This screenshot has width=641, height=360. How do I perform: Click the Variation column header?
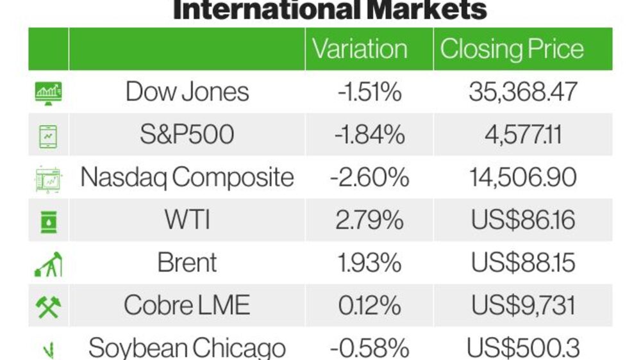point(360,49)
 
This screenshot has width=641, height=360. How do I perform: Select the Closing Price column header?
point(512,50)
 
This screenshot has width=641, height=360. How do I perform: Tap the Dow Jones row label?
point(187,92)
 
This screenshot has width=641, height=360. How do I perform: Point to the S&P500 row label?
point(187,135)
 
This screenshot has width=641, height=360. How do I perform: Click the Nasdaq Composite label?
point(187,177)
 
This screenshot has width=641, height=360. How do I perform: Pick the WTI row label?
point(187,220)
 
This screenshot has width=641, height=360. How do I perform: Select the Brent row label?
point(187,263)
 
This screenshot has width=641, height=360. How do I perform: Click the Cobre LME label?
point(187,306)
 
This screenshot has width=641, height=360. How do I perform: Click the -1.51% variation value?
point(370,92)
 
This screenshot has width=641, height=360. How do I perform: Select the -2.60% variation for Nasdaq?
point(370,177)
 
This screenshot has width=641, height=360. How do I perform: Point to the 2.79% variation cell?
point(370,220)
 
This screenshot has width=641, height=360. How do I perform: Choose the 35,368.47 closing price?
point(523,92)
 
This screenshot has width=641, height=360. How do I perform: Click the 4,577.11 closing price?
point(523,135)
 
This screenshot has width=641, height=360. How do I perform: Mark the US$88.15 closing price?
point(523,263)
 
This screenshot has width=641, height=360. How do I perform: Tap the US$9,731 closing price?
point(523,306)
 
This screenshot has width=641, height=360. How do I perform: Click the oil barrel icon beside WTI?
point(49,222)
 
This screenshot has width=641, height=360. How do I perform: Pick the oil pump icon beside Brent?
point(48,264)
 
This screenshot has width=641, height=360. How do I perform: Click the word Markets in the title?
point(427,9)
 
